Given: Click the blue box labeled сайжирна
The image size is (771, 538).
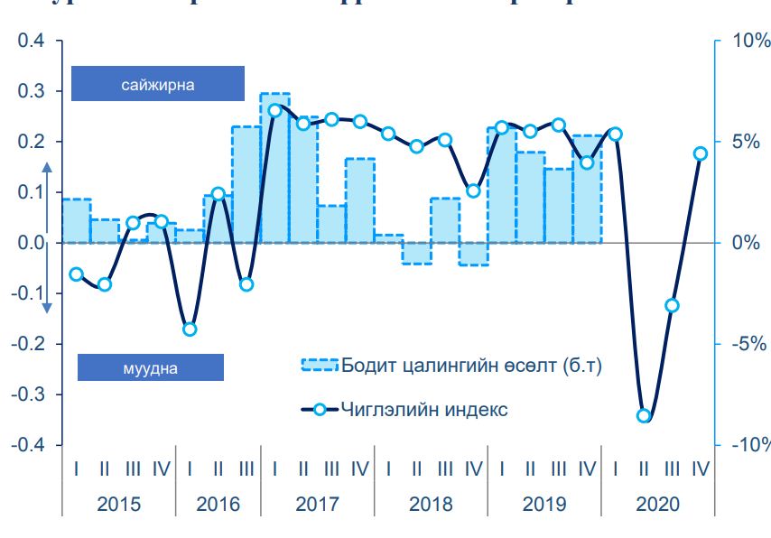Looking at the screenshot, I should point(158,83).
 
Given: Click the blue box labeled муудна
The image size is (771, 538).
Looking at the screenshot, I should point(150,367).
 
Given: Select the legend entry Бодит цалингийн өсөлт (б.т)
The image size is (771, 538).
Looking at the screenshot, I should point(451,366).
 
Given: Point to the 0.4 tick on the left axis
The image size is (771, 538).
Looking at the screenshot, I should point(31,41).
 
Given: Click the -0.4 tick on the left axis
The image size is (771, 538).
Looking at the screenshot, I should point(28,445).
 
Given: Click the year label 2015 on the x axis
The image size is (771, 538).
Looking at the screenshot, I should point(118,504).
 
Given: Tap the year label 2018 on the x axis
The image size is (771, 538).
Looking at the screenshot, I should point(431,504).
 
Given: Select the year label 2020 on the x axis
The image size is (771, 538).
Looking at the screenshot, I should point(656,504).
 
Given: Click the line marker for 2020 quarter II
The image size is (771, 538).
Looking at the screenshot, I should point(644,416).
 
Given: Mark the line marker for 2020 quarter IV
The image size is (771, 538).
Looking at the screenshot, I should point(700,153).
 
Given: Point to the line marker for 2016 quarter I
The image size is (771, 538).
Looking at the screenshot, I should point(190,329).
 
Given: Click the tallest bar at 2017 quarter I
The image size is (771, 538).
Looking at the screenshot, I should point(274,167).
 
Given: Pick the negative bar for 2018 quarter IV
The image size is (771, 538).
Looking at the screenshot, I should point(473,254).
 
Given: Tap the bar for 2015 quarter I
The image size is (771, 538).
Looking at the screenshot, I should point(77,220).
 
